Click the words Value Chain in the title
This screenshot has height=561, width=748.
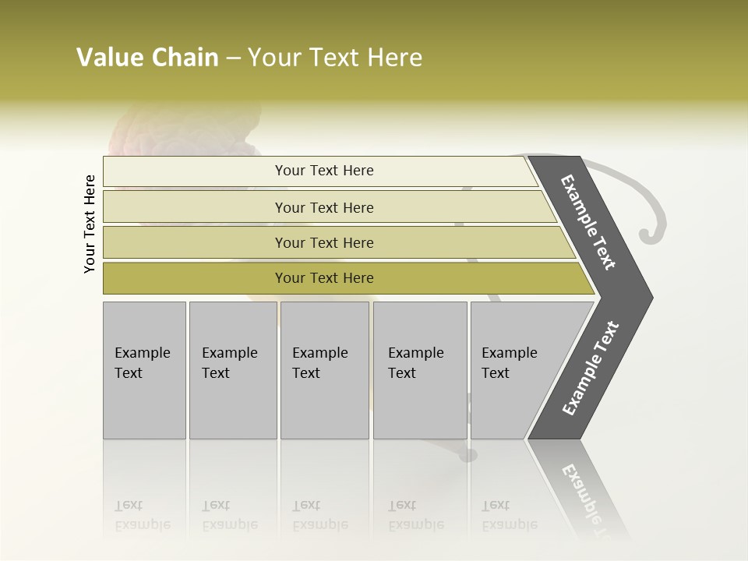tap(147, 58)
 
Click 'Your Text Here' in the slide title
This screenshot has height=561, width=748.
tap(335, 58)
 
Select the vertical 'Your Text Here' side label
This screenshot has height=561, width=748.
tap(90, 224)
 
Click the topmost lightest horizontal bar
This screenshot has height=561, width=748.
tap(323, 171)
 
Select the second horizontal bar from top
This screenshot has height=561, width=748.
tap(323, 207)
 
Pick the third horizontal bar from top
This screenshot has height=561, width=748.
tap(323, 242)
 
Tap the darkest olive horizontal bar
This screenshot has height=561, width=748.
tap(323, 278)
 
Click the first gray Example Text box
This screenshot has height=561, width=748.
tap(144, 370)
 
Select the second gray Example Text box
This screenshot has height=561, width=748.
tap(232, 370)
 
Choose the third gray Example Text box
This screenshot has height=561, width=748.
tap(324, 370)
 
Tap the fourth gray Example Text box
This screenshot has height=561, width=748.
tap(420, 370)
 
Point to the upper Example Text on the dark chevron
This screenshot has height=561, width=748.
tap(588, 222)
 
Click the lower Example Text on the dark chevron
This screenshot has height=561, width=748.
tap(591, 368)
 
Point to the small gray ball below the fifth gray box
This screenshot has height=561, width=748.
tap(468, 455)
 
